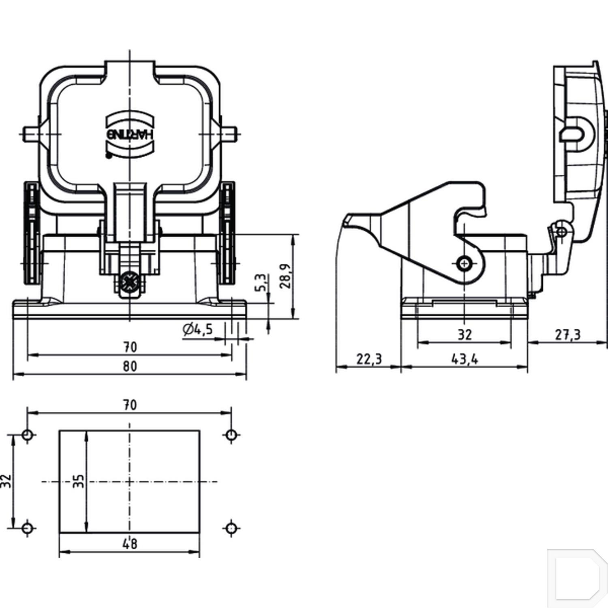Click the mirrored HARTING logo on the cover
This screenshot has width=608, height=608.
pos(130,134)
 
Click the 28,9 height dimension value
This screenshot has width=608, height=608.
pos(285,276)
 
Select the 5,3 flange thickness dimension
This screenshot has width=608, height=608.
pos(261,283)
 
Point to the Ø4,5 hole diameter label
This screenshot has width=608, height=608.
pos(197,329)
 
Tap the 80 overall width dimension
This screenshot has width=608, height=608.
pos(130,366)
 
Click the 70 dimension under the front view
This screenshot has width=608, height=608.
pos(130,347)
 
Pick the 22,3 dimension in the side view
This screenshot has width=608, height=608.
pos(369,359)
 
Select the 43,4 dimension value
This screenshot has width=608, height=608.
pos(465,359)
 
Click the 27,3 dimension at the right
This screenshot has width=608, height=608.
pos(567,334)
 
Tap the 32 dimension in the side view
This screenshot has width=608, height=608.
pos(465,334)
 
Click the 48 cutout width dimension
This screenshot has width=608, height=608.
pos(130,544)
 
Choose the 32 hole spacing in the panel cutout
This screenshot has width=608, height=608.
pos(6,482)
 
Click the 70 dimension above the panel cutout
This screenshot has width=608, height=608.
pos(130,405)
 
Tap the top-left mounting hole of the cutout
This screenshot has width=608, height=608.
pos(28,435)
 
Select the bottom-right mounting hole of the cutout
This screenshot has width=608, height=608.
pos(231,528)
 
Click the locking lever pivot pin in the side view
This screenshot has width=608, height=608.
pos(465,264)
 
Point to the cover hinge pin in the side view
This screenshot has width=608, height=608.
pos(562,232)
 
